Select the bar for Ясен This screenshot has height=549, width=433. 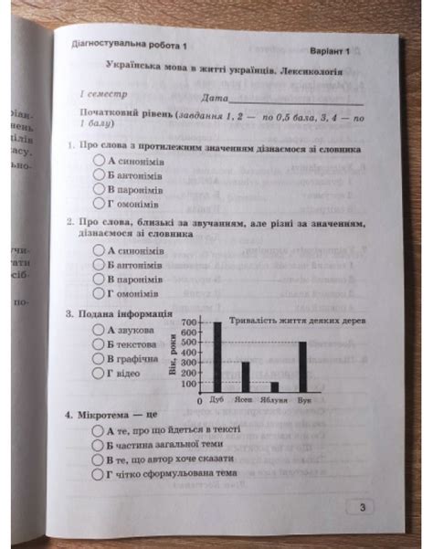pyautogui.click(x=246, y=376)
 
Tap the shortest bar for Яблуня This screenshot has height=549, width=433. pyautogui.click(x=273, y=386)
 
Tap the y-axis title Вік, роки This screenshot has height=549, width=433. pyautogui.click(x=170, y=357)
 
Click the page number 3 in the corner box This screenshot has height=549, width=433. pyautogui.click(x=362, y=509)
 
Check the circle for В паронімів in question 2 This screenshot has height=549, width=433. pyautogui.click(x=98, y=279)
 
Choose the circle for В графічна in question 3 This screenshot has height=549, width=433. pyautogui.click(x=98, y=360)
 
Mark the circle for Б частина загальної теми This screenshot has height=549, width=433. pyautogui.click(x=98, y=443)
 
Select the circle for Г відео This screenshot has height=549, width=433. pyautogui.click(x=98, y=375)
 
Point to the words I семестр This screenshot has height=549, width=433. pyautogui.click(x=103, y=94)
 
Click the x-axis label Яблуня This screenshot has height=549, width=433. pyautogui.click(x=274, y=401)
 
